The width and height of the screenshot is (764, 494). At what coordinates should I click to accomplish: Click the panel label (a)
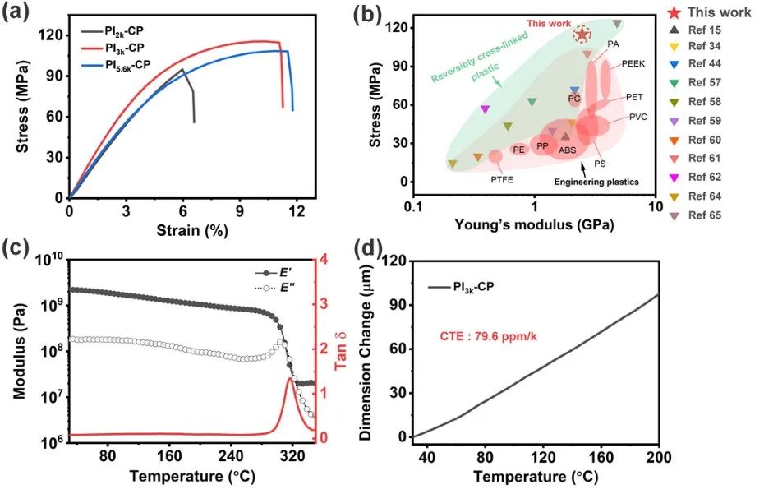pyautogui.click(x=19, y=14)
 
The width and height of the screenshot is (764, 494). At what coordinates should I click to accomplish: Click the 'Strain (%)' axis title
pyautogui.click(x=191, y=233)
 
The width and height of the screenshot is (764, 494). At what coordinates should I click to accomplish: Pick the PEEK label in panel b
pyautogui.click(x=634, y=63)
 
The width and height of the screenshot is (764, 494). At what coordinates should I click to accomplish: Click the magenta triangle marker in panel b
pyautogui.click(x=486, y=108)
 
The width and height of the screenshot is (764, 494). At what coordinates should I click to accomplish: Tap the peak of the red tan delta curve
pyautogui.click(x=290, y=378)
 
